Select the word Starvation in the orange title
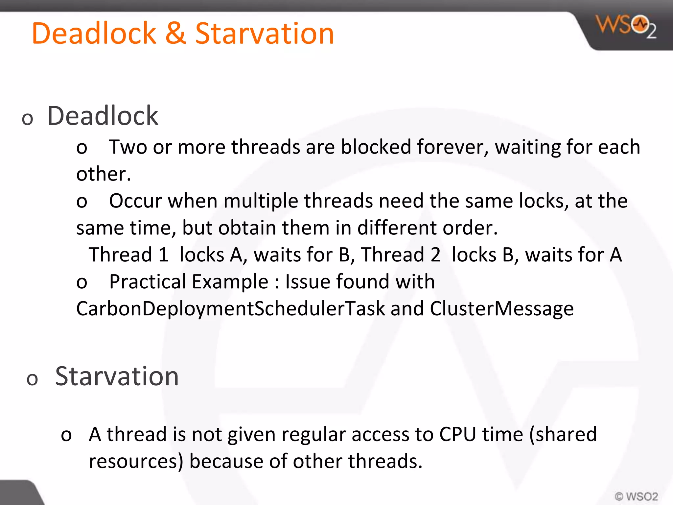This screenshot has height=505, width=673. [265, 34]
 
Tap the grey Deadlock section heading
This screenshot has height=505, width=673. [103, 116]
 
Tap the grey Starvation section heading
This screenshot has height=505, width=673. [117, 376]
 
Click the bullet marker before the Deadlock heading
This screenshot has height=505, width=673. [28, 119]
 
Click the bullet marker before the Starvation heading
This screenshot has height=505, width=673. [32, 379]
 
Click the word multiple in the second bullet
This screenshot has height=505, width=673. [261, 201]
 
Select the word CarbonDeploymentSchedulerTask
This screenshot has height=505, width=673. [230, 309]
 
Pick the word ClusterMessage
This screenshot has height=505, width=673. [502, 309]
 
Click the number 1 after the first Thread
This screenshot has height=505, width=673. [163, 255]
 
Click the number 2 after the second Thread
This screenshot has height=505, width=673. [435, 255]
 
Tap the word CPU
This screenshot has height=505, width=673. [458, 434]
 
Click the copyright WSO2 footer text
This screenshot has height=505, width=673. [636, 496]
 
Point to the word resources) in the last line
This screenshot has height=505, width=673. [136, 461]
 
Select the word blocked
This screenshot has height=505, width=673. [376, 147]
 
